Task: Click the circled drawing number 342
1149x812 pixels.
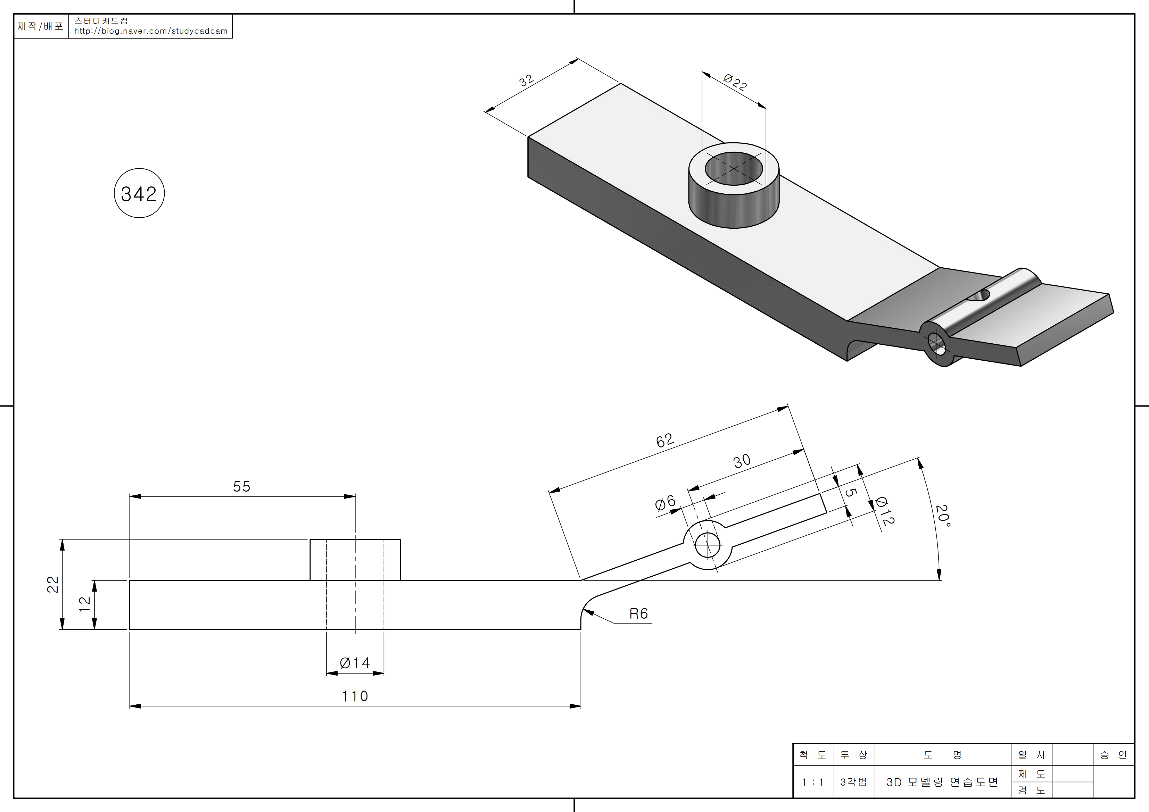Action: [x=139, y=194]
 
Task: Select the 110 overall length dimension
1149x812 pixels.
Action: [x=355, y=696]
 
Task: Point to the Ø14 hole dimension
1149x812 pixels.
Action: [x=355, y=663]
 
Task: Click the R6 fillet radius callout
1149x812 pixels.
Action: [x=638, y=614]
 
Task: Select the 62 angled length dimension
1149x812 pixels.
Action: [x=665, y=440]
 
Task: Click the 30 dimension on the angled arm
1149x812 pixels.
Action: [x=742, y=461]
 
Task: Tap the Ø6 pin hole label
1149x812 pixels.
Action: [x=666, y=503]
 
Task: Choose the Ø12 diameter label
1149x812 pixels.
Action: [x=884, y=511]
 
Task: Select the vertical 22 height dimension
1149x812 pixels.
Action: [x=52, y=584]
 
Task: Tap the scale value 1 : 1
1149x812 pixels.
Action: [x=813, y=782]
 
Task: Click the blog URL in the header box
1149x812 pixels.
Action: [x=151, y=31]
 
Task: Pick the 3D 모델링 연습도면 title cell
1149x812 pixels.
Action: [x=942, y=782]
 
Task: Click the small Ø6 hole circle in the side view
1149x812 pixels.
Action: [x=708, y=545]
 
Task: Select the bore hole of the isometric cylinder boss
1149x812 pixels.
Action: [x=734, y=169]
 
